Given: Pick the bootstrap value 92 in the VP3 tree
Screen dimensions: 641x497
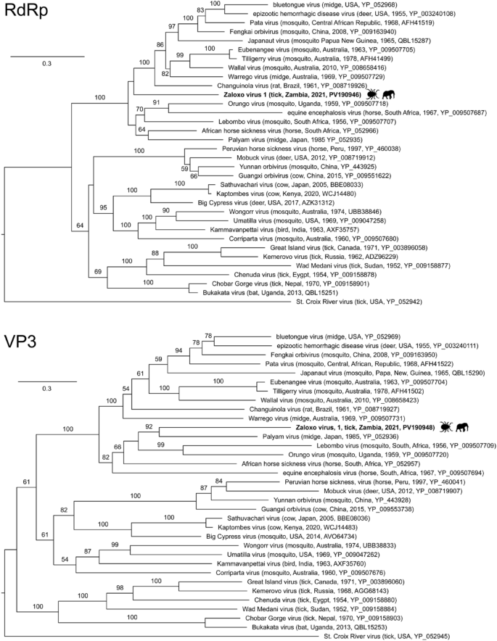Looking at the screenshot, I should (148, 427).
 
